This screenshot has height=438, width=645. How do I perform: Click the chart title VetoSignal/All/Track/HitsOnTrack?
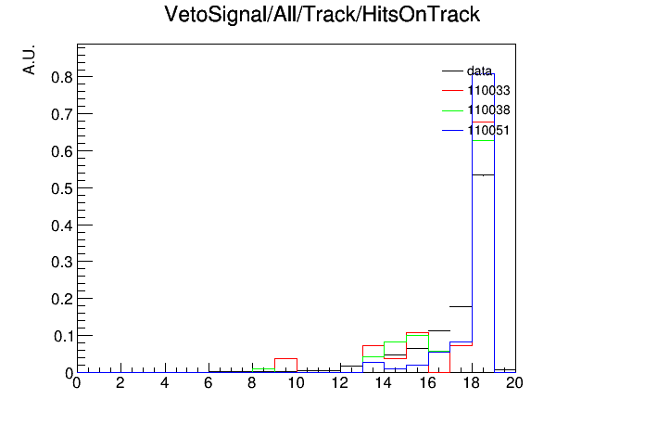click(x=322, y=15)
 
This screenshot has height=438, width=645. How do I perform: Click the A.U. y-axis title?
click(x=30, y=59)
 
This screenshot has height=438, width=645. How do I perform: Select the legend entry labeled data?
click(x=467, y=71)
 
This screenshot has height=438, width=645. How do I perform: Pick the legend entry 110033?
click(x=476, y=90)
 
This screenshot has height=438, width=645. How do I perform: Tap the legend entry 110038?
click(x=476, y=110)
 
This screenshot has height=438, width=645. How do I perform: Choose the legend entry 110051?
click(x=476, y=130)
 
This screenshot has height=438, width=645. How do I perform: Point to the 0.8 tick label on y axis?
click(x=62, y=77)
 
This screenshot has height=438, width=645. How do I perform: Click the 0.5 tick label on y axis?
click(x=62, y=188)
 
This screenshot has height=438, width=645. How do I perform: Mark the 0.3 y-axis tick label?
click(x=62, y=262)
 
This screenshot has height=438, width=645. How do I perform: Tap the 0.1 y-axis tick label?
click(x=63, y=336)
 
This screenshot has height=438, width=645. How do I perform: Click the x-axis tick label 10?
click(x=296, y=383)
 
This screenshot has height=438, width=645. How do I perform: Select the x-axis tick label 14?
click(x=384, y=383)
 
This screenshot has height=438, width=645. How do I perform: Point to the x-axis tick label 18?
click(x=472, y=383)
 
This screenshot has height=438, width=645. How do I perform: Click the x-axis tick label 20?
click(x=514, y=383)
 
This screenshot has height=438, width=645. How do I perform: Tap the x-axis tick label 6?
click(x=209, y=383)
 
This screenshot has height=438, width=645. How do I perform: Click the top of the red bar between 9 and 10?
click(x=285, y=358)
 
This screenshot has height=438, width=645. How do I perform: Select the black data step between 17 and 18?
click(x=461, y=306)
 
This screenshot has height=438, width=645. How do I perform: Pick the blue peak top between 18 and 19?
click(x=483, y=73)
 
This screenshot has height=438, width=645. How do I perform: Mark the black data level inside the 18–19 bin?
click(x=483, y=175)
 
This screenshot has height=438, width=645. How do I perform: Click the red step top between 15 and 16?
click(x=417, y=332)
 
